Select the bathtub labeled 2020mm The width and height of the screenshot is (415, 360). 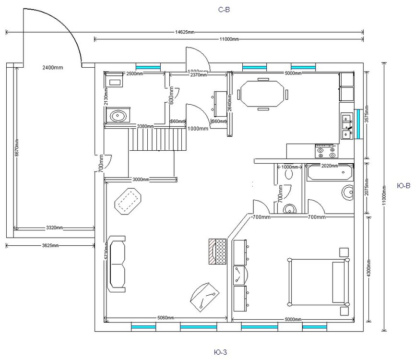point(329,172)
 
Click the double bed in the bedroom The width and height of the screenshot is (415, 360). point(317,281)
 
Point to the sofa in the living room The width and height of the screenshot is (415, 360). point(118,264)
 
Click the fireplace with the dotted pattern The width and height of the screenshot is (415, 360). point(217,251)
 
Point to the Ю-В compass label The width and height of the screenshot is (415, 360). point(404,185)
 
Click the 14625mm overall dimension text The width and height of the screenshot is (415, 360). point(185,32)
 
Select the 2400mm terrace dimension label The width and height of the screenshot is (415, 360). point(52,68)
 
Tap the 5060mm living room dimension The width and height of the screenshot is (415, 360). point(166,318)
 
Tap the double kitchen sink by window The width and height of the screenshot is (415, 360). point(346,126)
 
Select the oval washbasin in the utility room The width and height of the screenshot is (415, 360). point(117,116)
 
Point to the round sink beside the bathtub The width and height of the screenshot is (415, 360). point(347,192)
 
